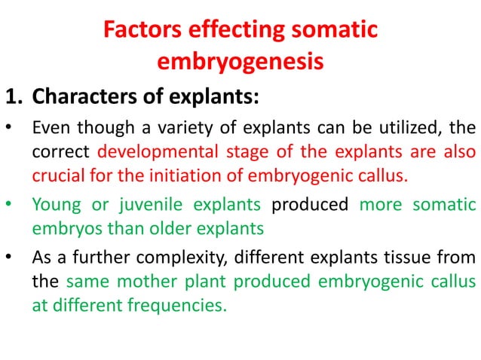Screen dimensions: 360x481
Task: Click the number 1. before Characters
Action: pyautogui.click(x=16, y=98)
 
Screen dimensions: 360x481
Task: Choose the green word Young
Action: pyautogui.click(x=51, y=205)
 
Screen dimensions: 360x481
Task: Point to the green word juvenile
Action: pyautogui.click(x=142, y=205)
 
